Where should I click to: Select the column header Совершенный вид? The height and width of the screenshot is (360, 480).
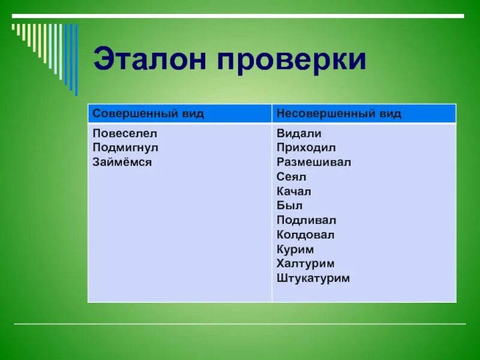(x=148, y=114)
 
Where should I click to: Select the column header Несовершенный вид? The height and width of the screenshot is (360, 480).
(x=339, y=114)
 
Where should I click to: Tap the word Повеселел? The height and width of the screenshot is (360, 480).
(x=125, y=133)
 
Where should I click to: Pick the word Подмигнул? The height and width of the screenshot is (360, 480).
(x=125, y=148)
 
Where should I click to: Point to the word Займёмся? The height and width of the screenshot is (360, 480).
(x=122, y=162)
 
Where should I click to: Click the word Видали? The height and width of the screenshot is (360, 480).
(x=299, y=133)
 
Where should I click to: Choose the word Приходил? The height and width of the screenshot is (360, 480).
(x=306, y=148)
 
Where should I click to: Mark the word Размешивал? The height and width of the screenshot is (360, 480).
(x=314, y=162)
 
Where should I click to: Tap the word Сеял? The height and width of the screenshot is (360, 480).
(x=292, y=177)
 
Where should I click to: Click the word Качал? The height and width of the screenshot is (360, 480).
(x=294, y=191)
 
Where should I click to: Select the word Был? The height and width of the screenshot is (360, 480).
(x=289, y=206)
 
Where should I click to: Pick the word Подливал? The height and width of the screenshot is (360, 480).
(x=307, y=220)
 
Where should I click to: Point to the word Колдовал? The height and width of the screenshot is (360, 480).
(x=305, y=235)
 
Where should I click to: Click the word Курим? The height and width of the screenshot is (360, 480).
(x=295, y=250)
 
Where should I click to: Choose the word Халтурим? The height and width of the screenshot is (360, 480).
(x=305, y=264)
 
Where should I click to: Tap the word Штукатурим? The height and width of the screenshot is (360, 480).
(x=313, y=278)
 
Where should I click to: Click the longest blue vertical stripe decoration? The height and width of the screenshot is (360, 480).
(x=76, y=60)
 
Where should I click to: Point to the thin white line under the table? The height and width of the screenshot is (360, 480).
(x=240, y=324)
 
